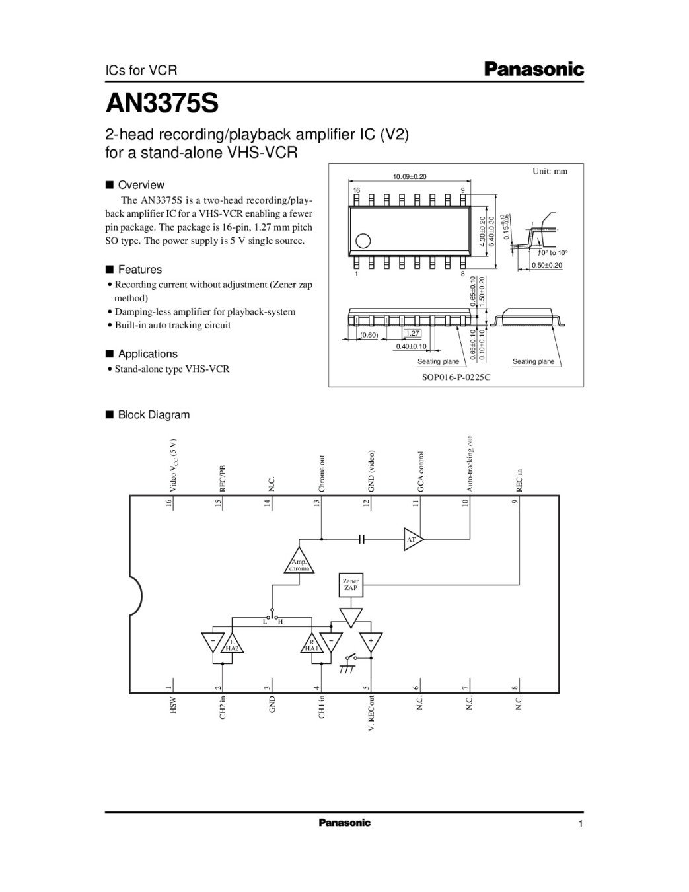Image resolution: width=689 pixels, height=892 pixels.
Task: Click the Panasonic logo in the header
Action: (534, 69)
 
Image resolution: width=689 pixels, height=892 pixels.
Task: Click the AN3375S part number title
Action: (162, 103)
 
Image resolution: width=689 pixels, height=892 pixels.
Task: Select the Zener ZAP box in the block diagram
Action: (350, 584)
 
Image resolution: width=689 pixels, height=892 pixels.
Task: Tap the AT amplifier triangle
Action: (413, 539)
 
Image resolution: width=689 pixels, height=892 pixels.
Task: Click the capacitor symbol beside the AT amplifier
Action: (361, 539)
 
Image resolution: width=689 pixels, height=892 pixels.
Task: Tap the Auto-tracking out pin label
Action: (470, 463)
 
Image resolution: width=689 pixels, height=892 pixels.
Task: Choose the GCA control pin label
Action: (421, 471)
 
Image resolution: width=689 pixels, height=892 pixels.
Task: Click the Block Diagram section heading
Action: (153, 415)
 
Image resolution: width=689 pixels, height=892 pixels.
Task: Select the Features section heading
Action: (139, 270)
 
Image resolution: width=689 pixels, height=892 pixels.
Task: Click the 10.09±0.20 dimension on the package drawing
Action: (410, 176)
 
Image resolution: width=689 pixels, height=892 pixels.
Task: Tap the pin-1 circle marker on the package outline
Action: (362, 241)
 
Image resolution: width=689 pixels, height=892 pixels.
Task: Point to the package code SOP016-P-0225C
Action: (456, 377)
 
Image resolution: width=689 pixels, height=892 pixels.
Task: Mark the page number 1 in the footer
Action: (580, 824)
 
